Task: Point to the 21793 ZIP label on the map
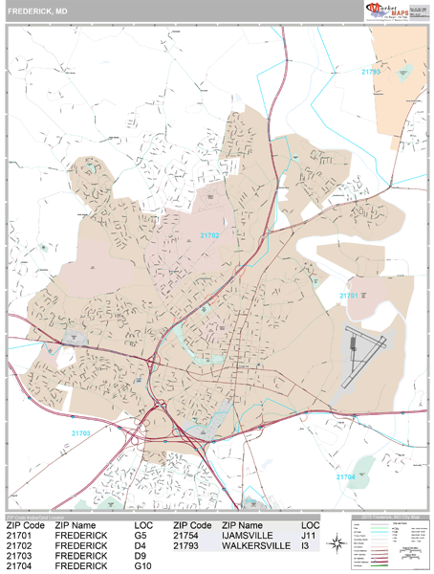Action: pyautogui.click(x=371, y=72)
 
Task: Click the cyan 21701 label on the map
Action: pyautogui.click(x=350, y=297)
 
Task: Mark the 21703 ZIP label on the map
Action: pyautogui.click(x=82, y=433)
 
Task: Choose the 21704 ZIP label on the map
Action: pyautogui.click(x=345, y=475)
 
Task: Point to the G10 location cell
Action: pyautogui.click(x=144, y=566)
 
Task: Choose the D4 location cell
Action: pyautogui.click(x=141, y=546)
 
